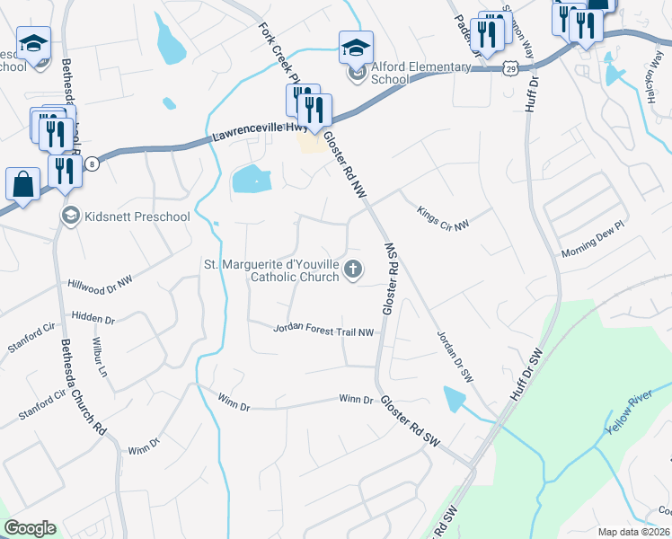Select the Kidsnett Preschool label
tap(137, 216)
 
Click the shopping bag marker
tap(22, 185)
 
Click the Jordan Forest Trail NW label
tap(323, 331)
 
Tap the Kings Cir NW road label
tap(443, 217)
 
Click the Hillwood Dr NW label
tap(100, 282)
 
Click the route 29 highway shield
tap(509, 67)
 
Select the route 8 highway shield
tap(92, 163)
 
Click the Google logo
tap(30, 528)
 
